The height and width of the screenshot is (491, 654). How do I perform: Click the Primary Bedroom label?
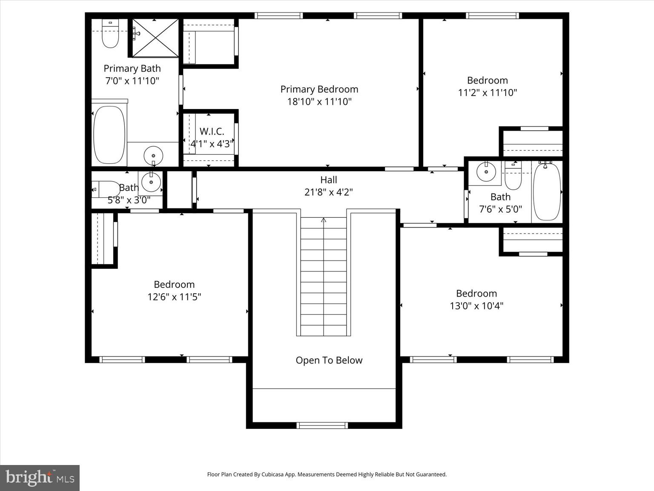pyautogui.click(x=319, y=89)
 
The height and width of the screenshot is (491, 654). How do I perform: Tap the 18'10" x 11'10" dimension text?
pyautogui.click(x=319, y=101)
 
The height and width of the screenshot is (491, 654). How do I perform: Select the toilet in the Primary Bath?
pyautogui.click(x=110, y=34)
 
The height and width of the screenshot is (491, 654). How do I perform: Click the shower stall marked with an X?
pyautogui.click(x=155, y=38)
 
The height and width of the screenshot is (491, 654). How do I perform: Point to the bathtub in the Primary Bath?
pyautogui.click(x=109, y=135)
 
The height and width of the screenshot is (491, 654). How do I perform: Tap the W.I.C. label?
pyautogui.click(x=212, y=131)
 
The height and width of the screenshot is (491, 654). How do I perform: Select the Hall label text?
pyautogui.click(x=328, y=180)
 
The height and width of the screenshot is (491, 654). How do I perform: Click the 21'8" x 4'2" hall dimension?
pyautogui.click(x=328, y=192)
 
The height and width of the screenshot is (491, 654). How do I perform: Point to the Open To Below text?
pyautogui.click(x=329, y=360)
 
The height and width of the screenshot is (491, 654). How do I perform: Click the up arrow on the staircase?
pyautogui.click(x=323, y=220)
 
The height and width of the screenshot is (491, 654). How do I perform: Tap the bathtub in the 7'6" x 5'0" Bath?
pyautogui.click(x=547, y=192)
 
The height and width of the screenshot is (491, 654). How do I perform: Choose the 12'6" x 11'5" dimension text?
pyautogui.click(x=174, y=297)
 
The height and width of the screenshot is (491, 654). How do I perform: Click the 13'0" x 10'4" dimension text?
pyautogui.click(x=476, y=306)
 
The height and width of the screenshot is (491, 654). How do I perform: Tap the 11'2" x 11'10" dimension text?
pyautogui.click(x=487, y=92)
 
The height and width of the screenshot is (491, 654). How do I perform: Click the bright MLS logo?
pyautogui.click(x=40, y=478)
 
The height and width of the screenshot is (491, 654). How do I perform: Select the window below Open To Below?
pyautogui.click(x=322, y=425)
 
